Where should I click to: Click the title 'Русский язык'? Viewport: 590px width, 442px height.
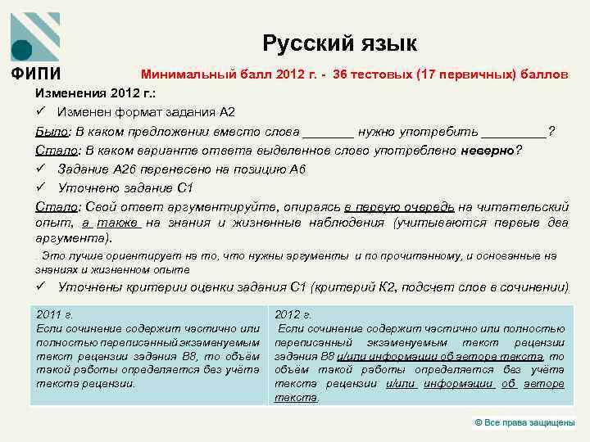(339, 43)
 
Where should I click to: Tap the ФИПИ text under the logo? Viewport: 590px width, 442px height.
(35, 74)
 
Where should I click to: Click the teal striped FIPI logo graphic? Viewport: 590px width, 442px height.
(35, 36)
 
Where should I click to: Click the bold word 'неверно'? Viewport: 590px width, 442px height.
(488, 150)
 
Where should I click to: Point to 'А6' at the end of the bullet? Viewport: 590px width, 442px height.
(297, 169)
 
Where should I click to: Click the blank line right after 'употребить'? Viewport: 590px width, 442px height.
(514, 131)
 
